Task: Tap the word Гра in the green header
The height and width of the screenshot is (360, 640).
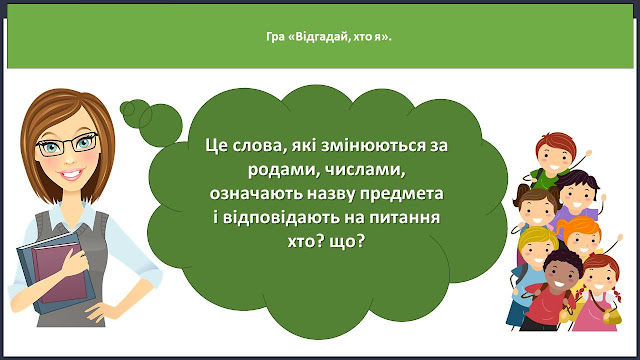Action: [x=275, y=37]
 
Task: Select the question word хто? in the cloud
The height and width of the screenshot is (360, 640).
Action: [x=304, y=242]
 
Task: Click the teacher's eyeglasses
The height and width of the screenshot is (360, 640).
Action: [x=68, y=144]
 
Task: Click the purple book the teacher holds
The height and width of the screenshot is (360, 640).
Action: [x=61, y=272]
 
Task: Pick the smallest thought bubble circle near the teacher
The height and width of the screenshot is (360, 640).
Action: [x=127, y=108]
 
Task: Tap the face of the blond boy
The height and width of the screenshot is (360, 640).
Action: [x=536, y=250]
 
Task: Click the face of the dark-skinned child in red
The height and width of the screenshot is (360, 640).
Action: [x=560, y=274]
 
